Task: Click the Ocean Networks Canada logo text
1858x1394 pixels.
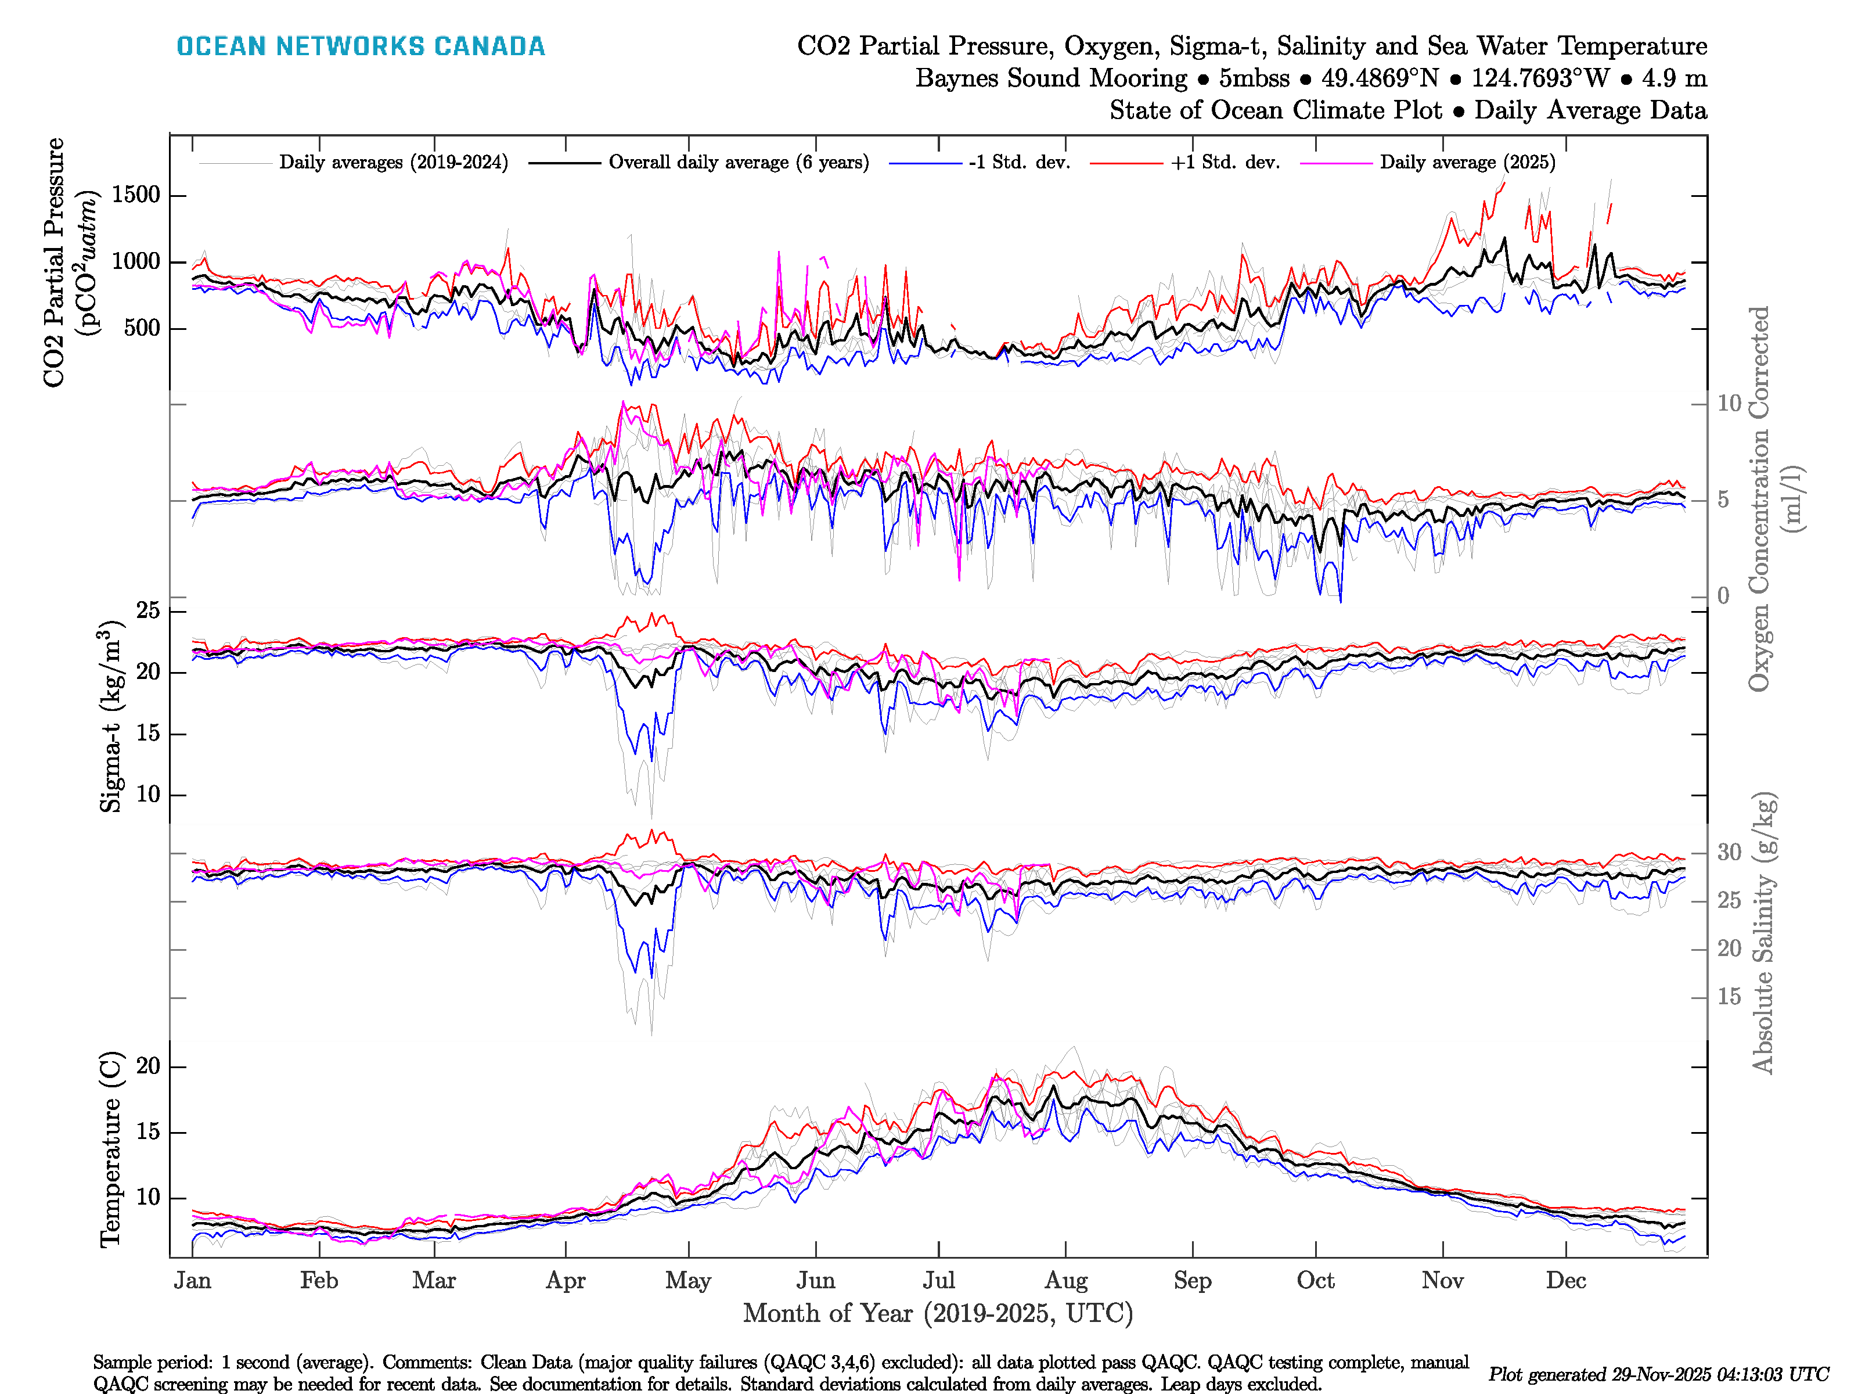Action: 361,46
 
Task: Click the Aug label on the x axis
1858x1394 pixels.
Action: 1066,1281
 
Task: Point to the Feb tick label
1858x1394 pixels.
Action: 319,1281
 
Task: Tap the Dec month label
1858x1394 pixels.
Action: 1566,1281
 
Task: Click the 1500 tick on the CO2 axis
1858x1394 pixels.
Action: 135,195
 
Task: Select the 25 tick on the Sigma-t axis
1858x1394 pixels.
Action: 148,611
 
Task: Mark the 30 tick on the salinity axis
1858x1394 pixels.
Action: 1729,852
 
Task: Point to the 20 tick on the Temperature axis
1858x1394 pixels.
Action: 148,1066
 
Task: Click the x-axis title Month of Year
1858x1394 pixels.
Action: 937,1313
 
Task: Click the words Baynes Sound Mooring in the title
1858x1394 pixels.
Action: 1051,78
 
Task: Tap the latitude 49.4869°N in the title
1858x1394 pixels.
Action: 1379,78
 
